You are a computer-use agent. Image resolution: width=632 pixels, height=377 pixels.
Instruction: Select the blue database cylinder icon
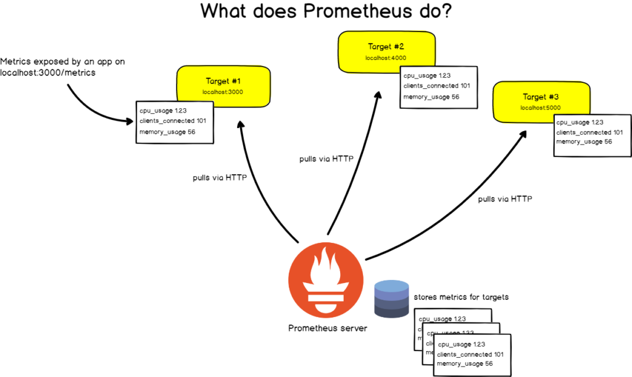click(392, 299)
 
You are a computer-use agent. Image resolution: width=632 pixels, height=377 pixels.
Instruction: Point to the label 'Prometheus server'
click(327, 328)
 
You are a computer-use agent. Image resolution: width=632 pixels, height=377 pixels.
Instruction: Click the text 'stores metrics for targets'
click(461, 297)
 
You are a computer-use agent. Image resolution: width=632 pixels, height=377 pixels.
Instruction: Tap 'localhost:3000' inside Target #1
click(223, 91)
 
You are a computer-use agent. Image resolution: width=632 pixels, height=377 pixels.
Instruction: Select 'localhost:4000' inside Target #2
click(385, 57)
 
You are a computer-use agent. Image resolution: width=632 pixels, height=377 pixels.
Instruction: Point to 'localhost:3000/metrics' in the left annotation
click(48, 73)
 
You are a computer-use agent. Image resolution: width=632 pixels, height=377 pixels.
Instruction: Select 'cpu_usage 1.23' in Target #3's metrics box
click(579, 123)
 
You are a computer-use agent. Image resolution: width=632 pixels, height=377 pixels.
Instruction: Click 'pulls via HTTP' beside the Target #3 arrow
click(505, 199)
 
